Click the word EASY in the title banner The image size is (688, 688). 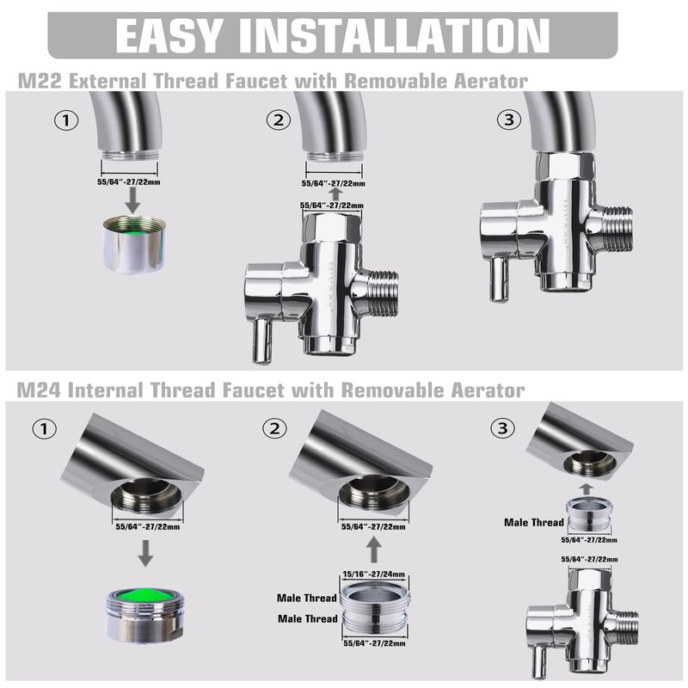(168, 35)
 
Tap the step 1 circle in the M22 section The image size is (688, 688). (66, 120)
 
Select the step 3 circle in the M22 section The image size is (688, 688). (509, 120)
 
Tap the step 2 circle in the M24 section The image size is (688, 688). (274, 428)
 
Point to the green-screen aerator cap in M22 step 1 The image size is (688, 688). (134, 244)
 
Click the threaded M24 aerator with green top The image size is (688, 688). (145, 616)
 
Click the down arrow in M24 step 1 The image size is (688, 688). (145, 553)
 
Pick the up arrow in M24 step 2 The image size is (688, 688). (374, 550)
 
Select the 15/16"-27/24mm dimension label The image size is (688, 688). (374, 574)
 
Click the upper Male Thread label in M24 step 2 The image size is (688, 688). (307, 598)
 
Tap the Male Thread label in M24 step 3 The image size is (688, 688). (534, 522)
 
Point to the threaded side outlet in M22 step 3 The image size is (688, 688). (617, 229)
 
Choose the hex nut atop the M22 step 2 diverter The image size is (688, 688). (332, 227)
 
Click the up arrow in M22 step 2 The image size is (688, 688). (336, 194)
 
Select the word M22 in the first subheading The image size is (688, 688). (40, 82)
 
